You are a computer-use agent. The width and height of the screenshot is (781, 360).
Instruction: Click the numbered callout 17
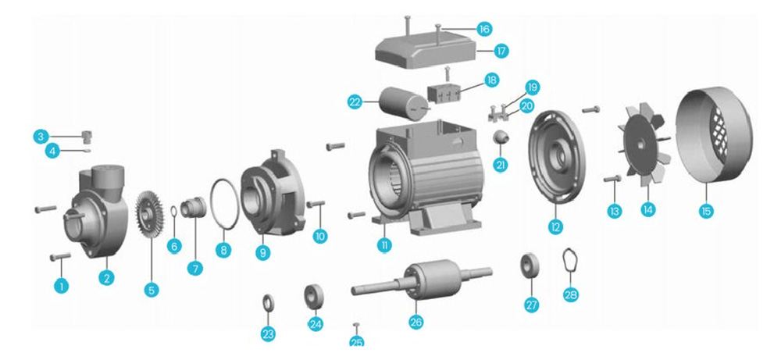tap(501, 50)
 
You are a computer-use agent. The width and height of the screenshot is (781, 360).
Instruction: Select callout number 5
tap(152, 290)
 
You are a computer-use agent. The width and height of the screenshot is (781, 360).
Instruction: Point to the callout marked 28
tap(571, 294)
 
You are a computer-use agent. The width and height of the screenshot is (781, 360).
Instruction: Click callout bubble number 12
tap(555, 226)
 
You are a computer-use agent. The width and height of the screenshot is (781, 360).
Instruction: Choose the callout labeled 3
tap(41, 136)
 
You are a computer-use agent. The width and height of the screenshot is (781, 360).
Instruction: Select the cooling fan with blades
tap(647, 144)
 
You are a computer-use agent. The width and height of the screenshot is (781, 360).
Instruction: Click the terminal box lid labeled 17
tap(426, 52)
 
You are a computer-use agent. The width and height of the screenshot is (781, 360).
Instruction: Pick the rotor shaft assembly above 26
tap(423, 281)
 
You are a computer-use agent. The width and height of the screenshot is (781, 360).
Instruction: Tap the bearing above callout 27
tap(530, 266)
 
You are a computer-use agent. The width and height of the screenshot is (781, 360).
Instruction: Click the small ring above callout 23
tap(268, 302)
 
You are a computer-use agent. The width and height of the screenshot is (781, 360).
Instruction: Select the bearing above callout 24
tap(314, 296)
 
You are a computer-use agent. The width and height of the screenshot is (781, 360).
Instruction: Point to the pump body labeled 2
tap(97, 212)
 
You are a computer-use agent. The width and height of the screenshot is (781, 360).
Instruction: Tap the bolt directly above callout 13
tap(612, 178)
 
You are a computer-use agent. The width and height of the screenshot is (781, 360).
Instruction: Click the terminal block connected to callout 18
tap(444, 93)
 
